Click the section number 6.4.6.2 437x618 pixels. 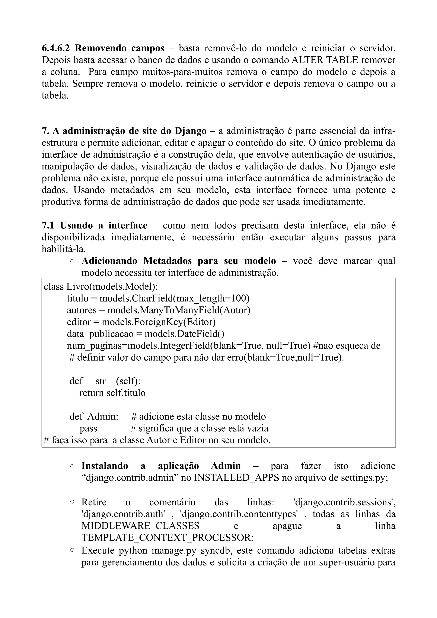[x=56, y=48]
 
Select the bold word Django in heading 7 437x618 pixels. [x=190, y=131]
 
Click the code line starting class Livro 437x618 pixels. [x=101, y=286]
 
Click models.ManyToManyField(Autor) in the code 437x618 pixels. [x=179, y=310]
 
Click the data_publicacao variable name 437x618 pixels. [x=100, y=334]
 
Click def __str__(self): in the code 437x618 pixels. [x=105, y=381]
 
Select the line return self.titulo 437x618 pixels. [x=112, y=393]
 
